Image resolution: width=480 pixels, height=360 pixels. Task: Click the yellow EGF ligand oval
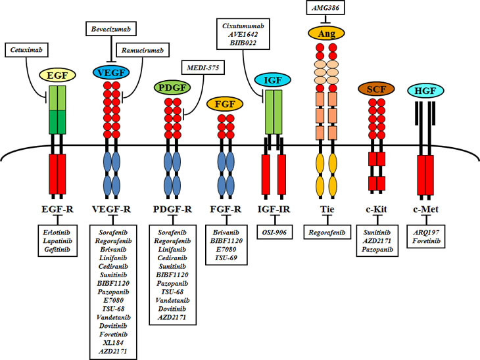[x=57, y=76]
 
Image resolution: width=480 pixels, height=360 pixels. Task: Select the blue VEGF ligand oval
[x=111, y=72]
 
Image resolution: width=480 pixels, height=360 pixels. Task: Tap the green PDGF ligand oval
[x=172, y=87]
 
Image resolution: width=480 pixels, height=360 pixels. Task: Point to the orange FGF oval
[x=225, y=104]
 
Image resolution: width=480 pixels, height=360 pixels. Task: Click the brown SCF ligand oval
[x=376, y=89]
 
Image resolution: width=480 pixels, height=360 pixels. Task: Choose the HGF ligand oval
[x=425, y=91]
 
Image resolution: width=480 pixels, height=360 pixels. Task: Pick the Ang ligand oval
[x=326, y=33]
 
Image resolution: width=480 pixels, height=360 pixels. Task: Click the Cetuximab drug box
[x=26, y=50]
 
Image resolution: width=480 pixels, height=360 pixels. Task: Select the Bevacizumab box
[x=111, y=29]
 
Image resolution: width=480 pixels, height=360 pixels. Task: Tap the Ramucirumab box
[x=143, y=50]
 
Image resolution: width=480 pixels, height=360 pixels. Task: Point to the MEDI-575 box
[x=203, y=68]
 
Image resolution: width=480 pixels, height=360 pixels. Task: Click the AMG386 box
[x=325, y=8]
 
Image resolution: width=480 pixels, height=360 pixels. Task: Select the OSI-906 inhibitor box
[x=275, y=233]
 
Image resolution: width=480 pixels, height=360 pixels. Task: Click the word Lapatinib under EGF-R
[x=57, y=241]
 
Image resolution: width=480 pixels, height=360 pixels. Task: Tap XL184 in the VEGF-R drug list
[x=113, y=343]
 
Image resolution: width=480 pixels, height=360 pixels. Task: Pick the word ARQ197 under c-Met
[x=426, y=233]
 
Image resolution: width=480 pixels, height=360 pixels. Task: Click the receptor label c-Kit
[x=376, y=210]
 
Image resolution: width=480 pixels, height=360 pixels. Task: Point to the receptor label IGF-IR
[x=274, y=210]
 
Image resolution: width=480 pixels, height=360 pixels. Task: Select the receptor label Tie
[x=327, y=210]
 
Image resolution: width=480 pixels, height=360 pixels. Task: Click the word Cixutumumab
[x=243, y=26]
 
